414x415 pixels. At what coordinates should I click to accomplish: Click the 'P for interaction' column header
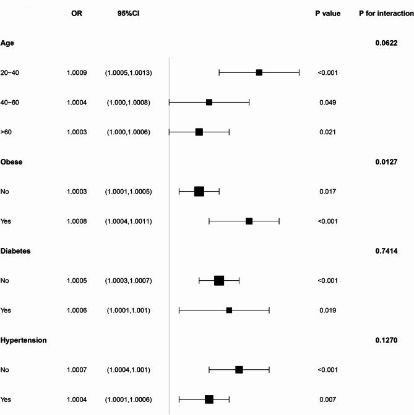pyautogui.click(x=386, y=13)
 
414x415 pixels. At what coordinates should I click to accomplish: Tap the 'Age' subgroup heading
pyautogui.click(x=7, y=43)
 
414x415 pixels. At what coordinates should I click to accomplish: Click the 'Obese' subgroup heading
pyautogui.click(x=11, y=162)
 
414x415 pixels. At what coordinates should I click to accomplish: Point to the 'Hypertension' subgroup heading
pyautogui.click(x=24, y=340)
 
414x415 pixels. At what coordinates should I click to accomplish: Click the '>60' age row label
pyautogui.click(x=7, y=132)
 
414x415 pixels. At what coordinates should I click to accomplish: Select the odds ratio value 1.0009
pyautogui.click(x=77, y=73)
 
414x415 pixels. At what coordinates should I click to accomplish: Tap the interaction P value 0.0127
pyautogui.click(x=385, y=162)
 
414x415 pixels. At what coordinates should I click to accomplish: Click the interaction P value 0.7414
pyautogui.click(x=385, y=251)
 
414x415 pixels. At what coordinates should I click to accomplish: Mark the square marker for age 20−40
pyautogui.click(x=259, y=73)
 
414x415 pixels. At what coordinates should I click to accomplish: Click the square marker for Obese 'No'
pyautogui.click(x=199, y=192)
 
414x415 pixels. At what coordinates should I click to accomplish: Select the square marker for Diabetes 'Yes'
pyautogui.click(x=229, y=310)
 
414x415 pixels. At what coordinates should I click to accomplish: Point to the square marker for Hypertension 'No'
pyautogui.click(x=239, y=370)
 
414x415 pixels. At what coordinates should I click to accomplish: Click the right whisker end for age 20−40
pyautogui.click(x=299, y=73)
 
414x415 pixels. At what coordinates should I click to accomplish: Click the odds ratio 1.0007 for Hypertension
pyautogui.click(x=77, y=370)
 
